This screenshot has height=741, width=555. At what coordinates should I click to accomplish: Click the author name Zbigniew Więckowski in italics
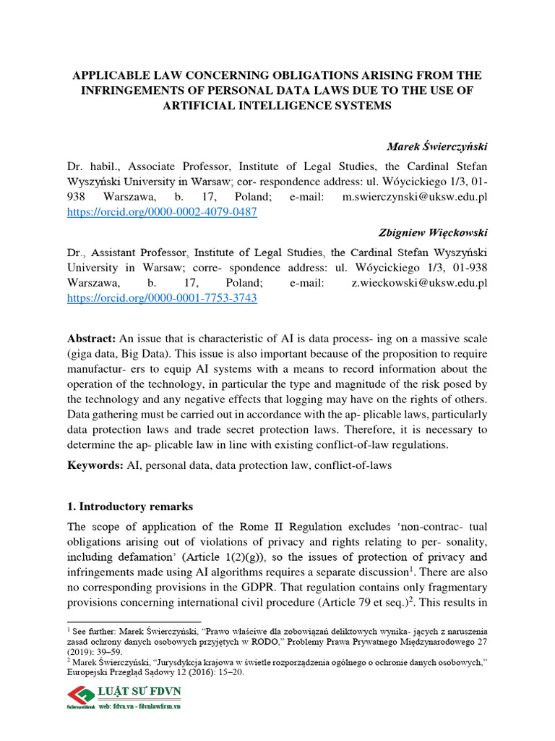[433, 232]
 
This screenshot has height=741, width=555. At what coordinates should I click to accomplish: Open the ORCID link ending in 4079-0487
[162, 212]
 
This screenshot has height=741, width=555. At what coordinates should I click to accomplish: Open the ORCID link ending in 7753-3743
[162, 297]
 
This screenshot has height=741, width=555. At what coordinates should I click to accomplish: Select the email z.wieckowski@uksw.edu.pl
[420, 282]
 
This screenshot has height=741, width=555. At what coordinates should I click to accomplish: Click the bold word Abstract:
[92, 339]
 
